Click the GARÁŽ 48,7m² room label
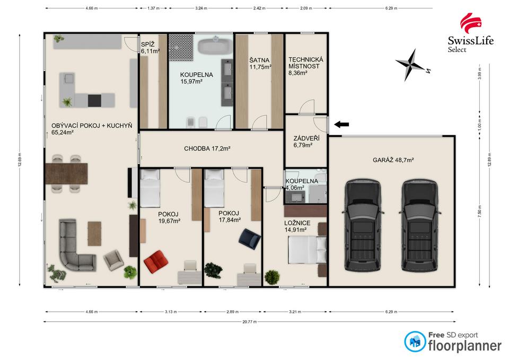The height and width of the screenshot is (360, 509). [393, 160]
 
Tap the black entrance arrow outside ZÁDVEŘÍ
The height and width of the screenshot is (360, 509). [341, 124]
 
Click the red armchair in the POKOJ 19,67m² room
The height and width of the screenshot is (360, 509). [156, 261]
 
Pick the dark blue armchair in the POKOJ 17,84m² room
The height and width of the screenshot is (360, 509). [249, 239]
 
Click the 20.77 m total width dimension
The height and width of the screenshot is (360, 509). [249, 322]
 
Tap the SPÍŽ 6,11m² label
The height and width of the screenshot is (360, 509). [150, 48]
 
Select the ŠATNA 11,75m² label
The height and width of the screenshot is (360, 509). [260, 64]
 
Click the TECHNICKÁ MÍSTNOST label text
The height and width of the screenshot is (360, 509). [305, 63]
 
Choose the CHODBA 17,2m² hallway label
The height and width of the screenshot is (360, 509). [207, 148]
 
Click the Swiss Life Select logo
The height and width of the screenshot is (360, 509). [470, 33]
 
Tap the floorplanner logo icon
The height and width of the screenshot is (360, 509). [415, 341]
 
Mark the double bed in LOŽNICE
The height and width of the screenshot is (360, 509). [308, 250]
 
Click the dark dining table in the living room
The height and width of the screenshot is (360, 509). [67, 174]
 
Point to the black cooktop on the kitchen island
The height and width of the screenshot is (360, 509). [94, 100]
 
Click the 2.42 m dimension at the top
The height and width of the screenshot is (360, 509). [259, 8]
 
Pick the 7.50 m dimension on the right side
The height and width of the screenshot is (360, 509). [480, 212]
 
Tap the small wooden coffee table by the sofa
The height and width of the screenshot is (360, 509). [94, 233]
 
